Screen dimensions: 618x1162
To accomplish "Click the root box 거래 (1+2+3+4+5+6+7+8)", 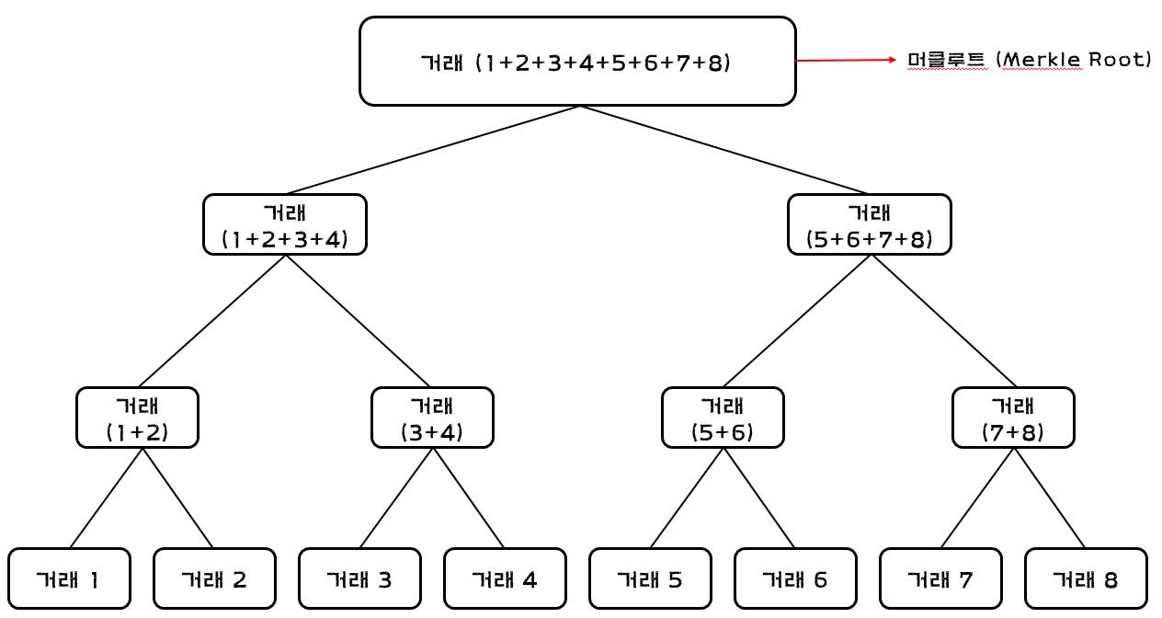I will (x=577, y=62).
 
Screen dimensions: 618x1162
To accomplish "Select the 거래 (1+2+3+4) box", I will (x=285, y=224).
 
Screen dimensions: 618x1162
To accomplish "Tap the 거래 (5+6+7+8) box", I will (x=870, y=224).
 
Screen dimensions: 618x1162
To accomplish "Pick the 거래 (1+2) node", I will (x=137, y=418).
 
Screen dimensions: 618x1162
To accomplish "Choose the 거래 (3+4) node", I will (x=432, y=418).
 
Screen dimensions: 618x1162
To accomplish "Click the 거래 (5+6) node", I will (x=723, y=418).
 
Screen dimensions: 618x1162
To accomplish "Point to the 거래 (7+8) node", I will (x=1013, y=418).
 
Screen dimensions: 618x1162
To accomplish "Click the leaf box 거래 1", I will (x=69, y=579).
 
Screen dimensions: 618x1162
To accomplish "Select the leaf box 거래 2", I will (x=214, y=579).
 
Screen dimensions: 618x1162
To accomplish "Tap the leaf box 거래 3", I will (x=359, y=579).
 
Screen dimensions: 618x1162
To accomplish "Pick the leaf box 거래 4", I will (x=505, y=579).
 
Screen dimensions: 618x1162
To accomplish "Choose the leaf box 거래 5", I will (x=650, y=579).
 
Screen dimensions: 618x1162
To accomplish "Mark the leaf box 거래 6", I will (x=795, y=579).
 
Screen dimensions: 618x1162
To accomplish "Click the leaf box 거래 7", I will (x=940, y=579).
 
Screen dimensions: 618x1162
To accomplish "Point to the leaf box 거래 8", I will (x=1086, y=579).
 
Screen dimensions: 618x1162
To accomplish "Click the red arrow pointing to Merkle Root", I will (x=846, y=61).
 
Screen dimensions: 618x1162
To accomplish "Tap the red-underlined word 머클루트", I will (x=945, y=61).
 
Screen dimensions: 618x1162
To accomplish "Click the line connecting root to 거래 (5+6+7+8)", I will (x=726, y=150).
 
